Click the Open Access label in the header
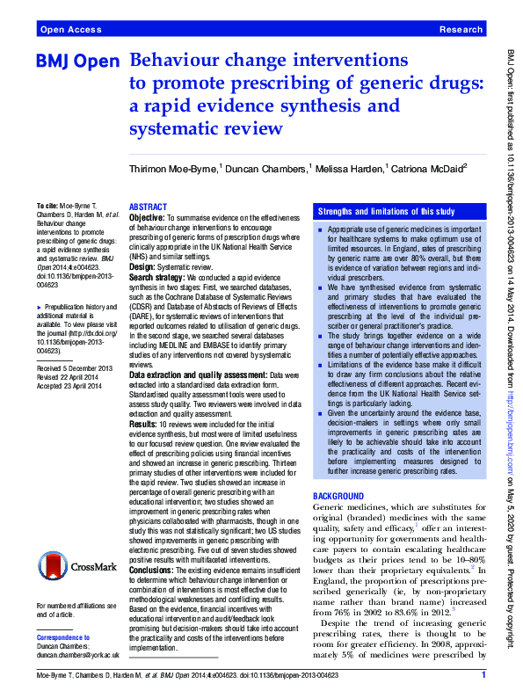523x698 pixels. point(71,29)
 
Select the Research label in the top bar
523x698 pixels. point(460,29)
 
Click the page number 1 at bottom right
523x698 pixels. point(483,675)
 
